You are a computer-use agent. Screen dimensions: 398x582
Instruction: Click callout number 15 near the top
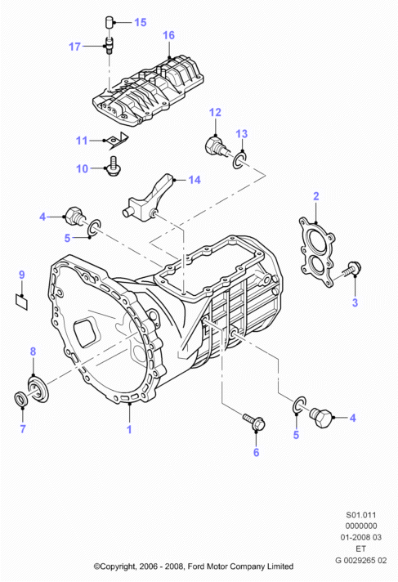pyautogui.click(x=141, y=22)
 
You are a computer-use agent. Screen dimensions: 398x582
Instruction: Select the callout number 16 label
pyautogui.click(x=168, y=35)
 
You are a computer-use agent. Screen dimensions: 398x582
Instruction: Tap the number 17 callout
pyautogui.click(x=74, y=47)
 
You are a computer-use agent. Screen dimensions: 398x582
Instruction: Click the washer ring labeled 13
pyautogui.click(x=239, y=159)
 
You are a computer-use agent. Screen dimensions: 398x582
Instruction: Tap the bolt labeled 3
pyautogui.click(x=351, y=270)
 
